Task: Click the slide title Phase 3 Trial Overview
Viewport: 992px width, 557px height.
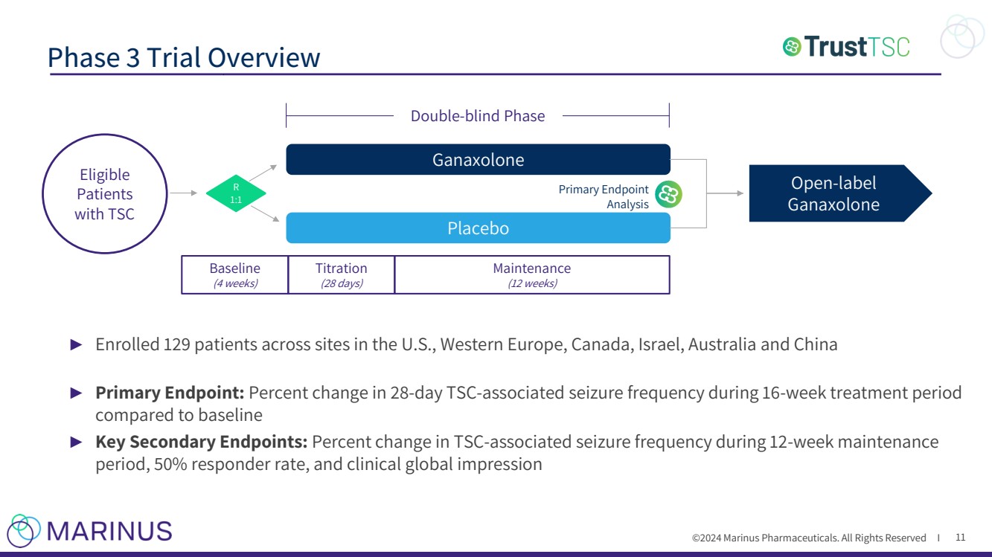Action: tap(184, 57)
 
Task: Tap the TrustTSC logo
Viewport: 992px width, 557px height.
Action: tap(846, 47)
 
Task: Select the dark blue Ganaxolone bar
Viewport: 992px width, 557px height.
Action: tap(478, 160)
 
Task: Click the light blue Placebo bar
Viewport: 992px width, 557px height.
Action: tap(478, 228)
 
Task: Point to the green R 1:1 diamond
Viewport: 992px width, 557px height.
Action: tap(236, 193)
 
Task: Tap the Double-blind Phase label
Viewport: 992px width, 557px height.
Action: tap(478, 116)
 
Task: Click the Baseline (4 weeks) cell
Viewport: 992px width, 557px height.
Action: tap(235, 274)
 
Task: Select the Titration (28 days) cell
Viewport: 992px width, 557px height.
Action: tap(341, 274)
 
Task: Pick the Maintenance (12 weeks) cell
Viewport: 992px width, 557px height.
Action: tap(531, 274)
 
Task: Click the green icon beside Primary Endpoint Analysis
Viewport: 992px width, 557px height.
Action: tap(668, 195)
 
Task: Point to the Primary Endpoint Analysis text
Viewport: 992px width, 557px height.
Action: tap(604, 196)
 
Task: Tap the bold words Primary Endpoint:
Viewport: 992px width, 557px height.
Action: tap(170, 392)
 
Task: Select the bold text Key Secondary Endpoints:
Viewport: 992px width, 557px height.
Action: tap(201, 442)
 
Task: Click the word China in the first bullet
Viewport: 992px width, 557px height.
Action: tap(818, 345)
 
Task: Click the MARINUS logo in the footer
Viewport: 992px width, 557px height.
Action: tap(89, 530)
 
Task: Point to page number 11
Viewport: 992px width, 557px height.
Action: tap(960, 537)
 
